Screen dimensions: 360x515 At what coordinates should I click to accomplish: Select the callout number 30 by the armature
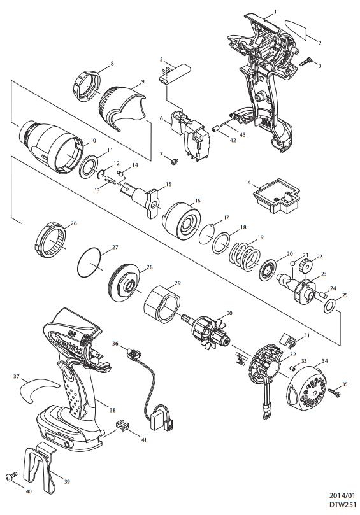coord(229,313)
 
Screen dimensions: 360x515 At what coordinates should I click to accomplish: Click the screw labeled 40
coord(11,476)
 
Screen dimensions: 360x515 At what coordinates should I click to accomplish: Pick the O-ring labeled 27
coord(89,263)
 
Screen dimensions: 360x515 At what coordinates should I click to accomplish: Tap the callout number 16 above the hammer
coord(198,201)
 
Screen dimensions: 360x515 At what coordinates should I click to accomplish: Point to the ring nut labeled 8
coord(85,87)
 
